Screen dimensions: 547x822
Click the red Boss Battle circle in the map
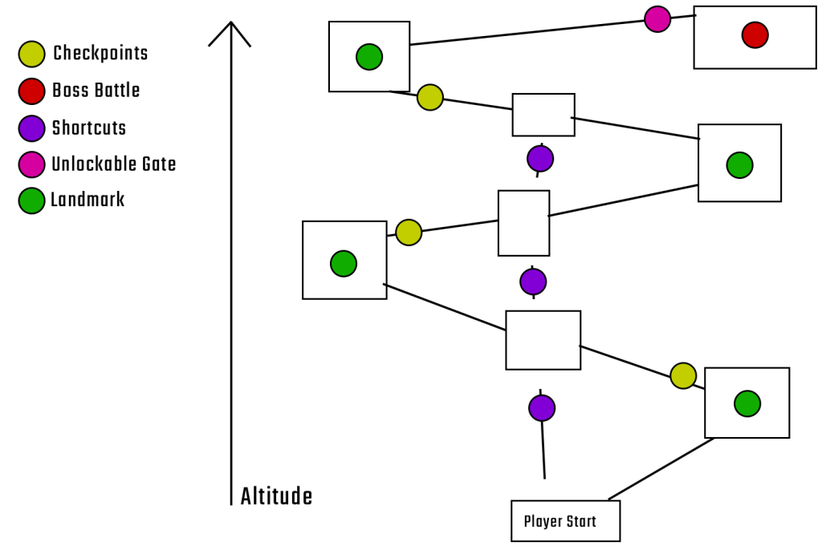click(755, 34)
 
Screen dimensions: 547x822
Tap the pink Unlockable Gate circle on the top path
click(657, 18)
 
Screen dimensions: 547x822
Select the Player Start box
click(565, 521)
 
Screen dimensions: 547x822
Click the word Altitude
click(276, 496)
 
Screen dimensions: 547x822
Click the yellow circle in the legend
click(31, 55)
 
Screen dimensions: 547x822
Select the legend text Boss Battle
click(96, 91)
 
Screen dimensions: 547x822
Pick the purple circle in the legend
click(31, 128)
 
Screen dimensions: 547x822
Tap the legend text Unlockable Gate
click(113, 164)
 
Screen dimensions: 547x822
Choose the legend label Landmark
click(87, 200)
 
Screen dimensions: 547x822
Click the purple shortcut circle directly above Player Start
click(542, 407)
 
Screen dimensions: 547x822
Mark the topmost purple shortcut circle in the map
click(540, 158)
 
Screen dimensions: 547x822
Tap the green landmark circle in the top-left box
click(369, 57)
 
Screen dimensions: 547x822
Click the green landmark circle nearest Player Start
click(747, 403)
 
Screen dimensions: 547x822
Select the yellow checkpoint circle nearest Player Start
click(683, 375)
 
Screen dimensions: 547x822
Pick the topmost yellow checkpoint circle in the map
click(430, 97)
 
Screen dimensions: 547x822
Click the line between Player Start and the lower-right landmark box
click(661, 469)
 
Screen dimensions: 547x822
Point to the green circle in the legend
click(31, 200)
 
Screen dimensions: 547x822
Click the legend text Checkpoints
click(100, 54)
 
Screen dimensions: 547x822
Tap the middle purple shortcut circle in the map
click(533, 282)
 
